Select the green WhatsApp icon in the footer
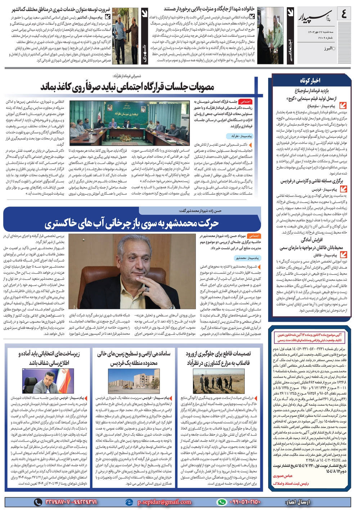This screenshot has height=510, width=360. pos(222,502)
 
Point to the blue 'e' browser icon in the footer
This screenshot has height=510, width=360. pos(129,502)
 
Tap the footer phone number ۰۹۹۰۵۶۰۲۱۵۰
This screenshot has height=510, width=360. pos(245,502)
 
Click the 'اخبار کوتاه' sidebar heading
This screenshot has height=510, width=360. pos(310,80)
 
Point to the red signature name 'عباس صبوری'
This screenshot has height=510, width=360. pos(284,476)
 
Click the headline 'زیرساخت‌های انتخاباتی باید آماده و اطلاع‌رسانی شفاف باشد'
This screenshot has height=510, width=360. pos(49,358)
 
